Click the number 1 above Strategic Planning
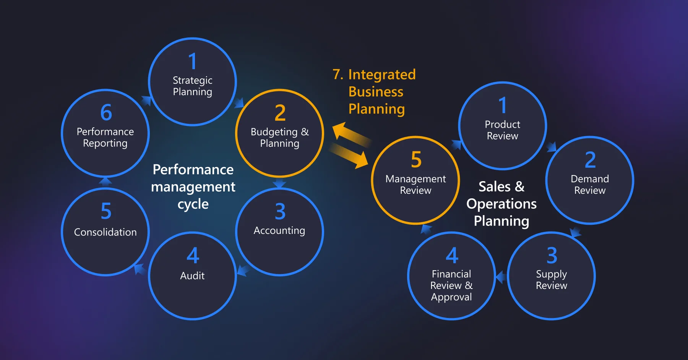[193, 62]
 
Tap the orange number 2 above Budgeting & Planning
[280, 113]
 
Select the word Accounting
[279, 231]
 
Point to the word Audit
[192, 276]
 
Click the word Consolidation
[105, 232]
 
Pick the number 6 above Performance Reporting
[106, 113]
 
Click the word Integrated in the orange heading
[382, 75]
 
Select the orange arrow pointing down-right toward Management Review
[350, 155]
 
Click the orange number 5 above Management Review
[416, 160]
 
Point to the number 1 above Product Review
[503, 105]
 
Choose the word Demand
[590, 179]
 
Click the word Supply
[551, 274]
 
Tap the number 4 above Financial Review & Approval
[452, 255]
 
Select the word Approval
[451, 297]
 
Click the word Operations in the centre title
[501, 204]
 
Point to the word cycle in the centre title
[193, 204]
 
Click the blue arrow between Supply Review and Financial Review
[501, 276]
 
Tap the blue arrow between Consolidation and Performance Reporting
[105, 181]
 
